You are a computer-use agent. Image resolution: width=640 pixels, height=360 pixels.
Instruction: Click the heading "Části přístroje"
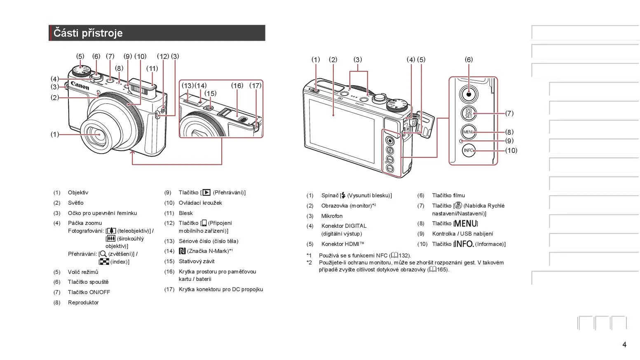click(88, 33)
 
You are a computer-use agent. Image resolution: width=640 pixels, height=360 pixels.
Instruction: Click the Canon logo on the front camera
click(80, 86)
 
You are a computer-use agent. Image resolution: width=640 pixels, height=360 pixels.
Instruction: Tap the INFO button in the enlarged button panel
click(469, 150)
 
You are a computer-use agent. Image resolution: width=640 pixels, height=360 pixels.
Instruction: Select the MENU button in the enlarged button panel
click(469, 132)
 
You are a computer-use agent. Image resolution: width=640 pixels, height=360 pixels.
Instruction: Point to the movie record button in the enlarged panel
click(469, 94)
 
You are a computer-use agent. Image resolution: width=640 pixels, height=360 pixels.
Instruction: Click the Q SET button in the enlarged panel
click(469, 114)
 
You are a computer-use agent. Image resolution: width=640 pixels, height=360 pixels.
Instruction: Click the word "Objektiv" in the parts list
click(78, 193)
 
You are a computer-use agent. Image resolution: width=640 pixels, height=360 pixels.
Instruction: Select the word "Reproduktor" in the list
click(83, 303)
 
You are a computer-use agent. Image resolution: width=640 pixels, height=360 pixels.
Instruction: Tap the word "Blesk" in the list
click(185, 213)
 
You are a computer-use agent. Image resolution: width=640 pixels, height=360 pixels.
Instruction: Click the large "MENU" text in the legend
click(466, 224)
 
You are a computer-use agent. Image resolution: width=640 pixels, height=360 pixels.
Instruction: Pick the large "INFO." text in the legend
click(464, 244)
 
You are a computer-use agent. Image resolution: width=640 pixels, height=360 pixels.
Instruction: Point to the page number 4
click(624, 344)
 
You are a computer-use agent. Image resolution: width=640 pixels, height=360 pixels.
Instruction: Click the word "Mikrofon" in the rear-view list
click(332, 216)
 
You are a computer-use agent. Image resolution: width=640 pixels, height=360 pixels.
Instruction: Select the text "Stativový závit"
click(197, 262)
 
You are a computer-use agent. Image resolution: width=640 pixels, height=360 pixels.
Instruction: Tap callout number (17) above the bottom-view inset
click(255, 86)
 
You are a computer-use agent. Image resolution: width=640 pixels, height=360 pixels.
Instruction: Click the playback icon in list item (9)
click(206, 193)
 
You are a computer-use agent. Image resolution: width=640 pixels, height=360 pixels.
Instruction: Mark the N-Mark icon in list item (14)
click(182, 251)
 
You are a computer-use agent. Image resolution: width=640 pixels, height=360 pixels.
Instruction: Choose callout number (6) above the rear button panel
click(469, 60)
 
